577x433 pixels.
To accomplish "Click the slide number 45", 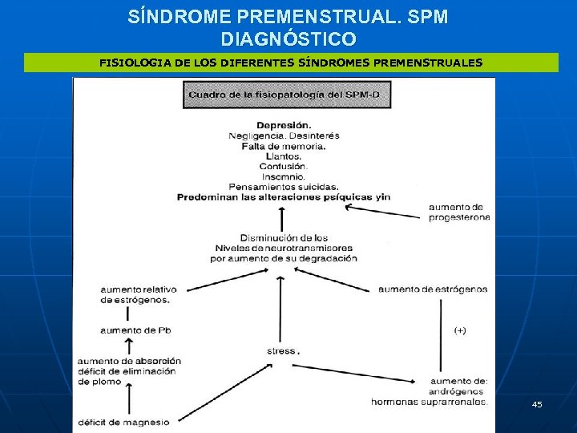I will [x=537, y=405].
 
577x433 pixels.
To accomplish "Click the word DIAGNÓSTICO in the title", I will [x=288, y=38].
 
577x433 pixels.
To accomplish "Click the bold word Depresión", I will [x=284, y=125].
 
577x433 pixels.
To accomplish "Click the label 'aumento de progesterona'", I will [x=459, y=212].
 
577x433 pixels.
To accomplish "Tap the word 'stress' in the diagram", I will [x=282, y=351].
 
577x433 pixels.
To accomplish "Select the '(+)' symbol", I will [x=461, y=330].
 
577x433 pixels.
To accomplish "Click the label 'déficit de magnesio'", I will [x=124, y=423].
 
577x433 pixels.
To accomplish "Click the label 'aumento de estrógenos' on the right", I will [x=433, y=289].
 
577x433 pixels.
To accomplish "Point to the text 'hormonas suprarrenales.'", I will [x=429, y=402].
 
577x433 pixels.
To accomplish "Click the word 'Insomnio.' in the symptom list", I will [x=283, y=176].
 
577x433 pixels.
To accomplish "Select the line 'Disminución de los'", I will [x=284, y=238].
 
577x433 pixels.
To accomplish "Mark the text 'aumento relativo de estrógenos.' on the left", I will [x=138, y=294].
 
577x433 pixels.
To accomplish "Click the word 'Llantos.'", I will [x=283, y=156].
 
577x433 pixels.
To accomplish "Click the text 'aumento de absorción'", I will [x=130, y=361].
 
